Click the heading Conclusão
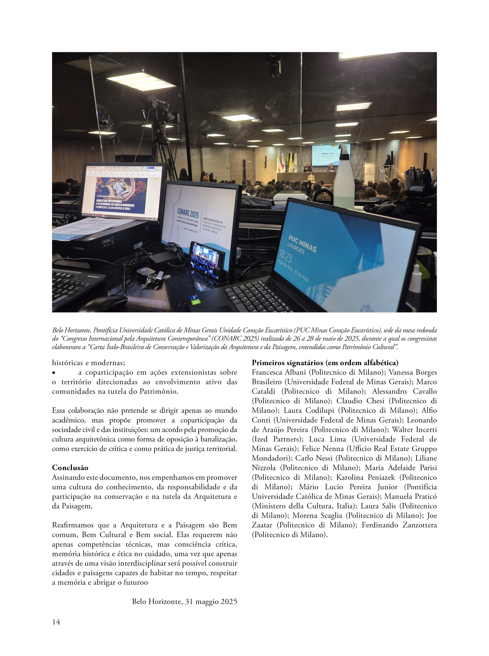click(70, 467)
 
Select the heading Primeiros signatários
click(325, 363)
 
